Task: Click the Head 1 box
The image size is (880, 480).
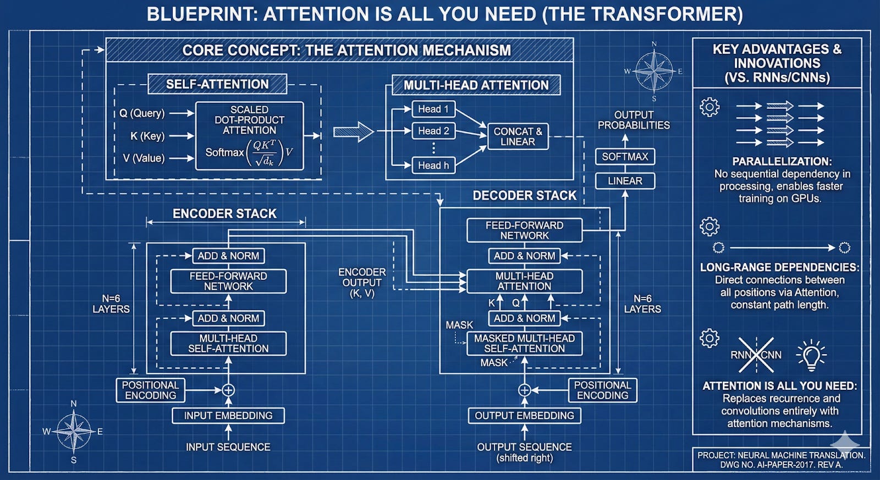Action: click(433, 109)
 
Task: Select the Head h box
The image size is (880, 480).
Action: click(433, 165)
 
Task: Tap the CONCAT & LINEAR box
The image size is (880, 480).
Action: click(518, 136)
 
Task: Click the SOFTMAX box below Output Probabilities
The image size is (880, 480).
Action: click(625, 157)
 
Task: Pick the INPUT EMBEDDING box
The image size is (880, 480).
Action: click(228, 416)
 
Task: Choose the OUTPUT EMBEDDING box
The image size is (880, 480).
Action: click(524, 416)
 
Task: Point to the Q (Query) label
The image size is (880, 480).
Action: click(142, 113)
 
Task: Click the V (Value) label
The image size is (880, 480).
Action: click(144, 158)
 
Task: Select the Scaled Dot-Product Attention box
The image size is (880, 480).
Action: click(249, 135)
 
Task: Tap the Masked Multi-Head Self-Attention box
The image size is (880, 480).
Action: click(524, 343)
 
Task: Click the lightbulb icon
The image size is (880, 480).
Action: click(811, 355)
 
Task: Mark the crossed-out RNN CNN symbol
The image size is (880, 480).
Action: click(756, 355)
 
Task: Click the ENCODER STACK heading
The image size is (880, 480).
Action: click(224, 213)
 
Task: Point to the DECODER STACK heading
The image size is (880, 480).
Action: click(524, 196)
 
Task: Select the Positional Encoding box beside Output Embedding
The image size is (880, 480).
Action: click(602, 390)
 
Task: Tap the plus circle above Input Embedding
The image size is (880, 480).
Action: click(228, 390)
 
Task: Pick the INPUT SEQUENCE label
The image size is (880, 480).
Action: click(228, 447)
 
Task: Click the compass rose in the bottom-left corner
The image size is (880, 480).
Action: click(74, 432)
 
